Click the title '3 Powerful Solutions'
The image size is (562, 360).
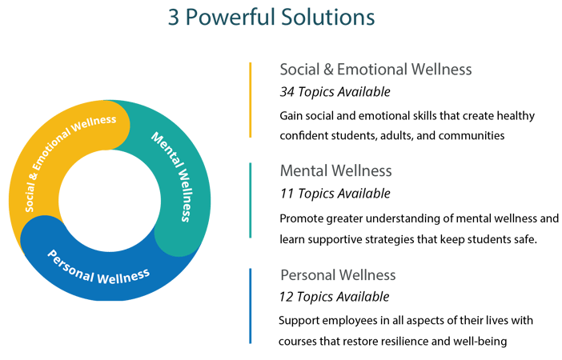click(271, 18)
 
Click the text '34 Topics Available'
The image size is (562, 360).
click(335, 91)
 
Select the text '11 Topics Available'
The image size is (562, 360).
click(335, 193)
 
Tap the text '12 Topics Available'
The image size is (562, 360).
click(335, 297)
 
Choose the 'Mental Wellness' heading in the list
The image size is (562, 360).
click(335, 170)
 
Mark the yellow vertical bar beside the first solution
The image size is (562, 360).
click(251, 99)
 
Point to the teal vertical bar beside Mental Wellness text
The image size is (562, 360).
click(251, 201)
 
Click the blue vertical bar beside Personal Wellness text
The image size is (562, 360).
click(251, 305)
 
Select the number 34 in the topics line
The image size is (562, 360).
click(287, 91)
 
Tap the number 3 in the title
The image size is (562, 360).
click(173, 18)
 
